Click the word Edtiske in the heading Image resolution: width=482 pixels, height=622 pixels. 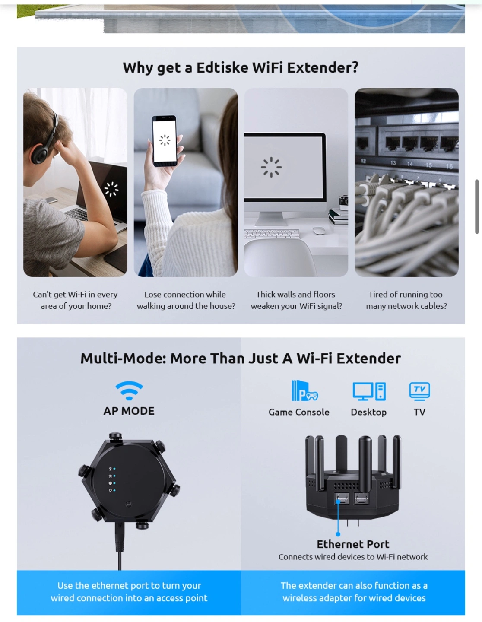(x=222, y=68)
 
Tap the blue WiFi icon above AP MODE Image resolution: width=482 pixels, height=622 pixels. (x=129, y=390)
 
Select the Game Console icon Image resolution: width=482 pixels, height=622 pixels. (x=304, y=390)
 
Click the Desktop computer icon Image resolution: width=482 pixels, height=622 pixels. (x=369, y=391)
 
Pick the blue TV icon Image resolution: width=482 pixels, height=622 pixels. (x=419, y=391)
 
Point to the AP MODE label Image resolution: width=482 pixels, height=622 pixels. (x=129, y=411)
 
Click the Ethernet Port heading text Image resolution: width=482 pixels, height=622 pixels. (x=352, y=544)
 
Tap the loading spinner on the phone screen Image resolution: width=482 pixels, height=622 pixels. (x=165, y=140)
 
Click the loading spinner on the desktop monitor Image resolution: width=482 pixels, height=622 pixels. (x=271, y=167)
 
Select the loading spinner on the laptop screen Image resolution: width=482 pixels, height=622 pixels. (x=111, y=189)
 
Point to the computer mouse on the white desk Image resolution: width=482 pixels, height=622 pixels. (x=318, y=230)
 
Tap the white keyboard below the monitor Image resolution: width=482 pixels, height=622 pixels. (x=272, y=234)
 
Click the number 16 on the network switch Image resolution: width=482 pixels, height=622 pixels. (x=449, y=166)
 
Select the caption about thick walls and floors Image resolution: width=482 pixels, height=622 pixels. (x=296, y=300)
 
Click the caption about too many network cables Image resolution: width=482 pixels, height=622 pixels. (x=406, y=300)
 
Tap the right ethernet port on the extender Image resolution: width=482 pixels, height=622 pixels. (x=361, y=498)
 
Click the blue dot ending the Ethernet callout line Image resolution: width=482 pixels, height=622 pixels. (x=338, y=534)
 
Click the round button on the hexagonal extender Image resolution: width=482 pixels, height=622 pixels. (x=129, y=504)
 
